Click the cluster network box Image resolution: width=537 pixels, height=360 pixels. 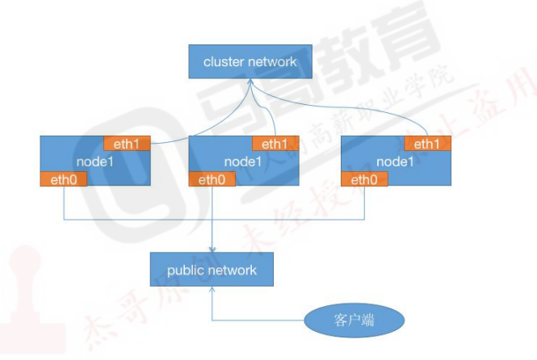[x=250, y=61]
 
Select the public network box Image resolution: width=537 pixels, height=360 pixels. [x=212, y=270]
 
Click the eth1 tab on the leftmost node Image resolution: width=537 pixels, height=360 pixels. [x=128, y=144]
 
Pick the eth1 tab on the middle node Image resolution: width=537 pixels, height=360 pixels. [x=275, y=144]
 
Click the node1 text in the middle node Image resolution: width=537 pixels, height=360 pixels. [x=243, y=161]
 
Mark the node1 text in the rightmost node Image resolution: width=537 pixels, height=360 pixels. [x=396, y=161]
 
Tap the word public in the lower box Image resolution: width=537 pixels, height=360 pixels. [x=186, y=270]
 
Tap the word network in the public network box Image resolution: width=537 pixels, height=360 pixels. [x=233, y=270]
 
